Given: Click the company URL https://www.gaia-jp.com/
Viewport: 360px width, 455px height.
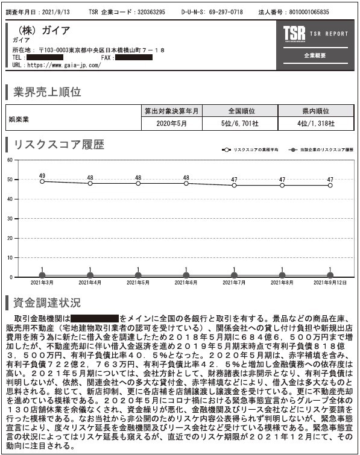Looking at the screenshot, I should pos(65,64).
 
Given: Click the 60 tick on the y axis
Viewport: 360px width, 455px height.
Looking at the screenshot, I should pos(8,160).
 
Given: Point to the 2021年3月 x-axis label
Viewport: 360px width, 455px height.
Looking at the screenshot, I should pos(42,282).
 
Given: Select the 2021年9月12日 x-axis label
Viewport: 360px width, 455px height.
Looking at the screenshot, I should pos(329,282).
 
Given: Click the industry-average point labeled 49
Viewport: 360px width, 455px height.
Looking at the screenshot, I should pos(42,181).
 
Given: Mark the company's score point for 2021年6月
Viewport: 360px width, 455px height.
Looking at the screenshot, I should pos(186,275).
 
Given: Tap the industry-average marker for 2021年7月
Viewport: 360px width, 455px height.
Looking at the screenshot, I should pos(234,185).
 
